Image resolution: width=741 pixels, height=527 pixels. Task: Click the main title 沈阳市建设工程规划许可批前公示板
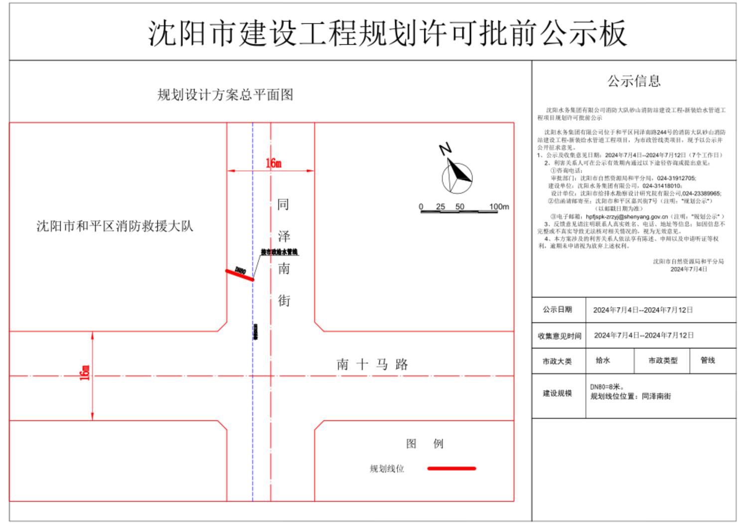point(387,34)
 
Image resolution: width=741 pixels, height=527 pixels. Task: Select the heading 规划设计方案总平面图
point(225,95)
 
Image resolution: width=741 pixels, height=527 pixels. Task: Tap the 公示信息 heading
point(633,81)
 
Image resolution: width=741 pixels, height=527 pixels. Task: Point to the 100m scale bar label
point(499,206)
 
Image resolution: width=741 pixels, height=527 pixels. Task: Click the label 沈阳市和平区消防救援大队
point(115,226)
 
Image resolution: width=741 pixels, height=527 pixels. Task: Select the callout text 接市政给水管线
point(280,252)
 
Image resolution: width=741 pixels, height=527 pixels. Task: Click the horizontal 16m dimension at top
point(273,164)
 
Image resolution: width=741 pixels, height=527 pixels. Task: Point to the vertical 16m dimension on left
point(85,372)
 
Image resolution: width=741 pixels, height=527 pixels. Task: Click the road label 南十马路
point(372,364)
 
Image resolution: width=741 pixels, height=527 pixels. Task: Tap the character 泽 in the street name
point(284,236)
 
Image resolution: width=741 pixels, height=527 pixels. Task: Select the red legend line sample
point(451,469)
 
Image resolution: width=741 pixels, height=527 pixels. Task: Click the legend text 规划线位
point(387,469)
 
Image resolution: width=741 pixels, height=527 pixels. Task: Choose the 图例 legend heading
point(424,444)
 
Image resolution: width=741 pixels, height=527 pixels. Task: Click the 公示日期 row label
point(557,310)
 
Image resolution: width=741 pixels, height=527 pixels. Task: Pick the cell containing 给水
point(603,360)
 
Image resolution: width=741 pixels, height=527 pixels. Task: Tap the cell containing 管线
point(708,360)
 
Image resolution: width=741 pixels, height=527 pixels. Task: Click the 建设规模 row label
point(557,393)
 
